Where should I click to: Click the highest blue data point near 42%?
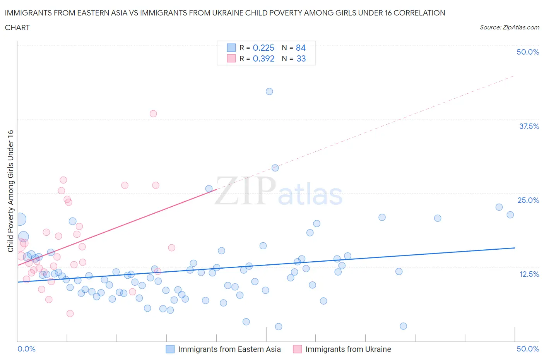[x=269, y=91]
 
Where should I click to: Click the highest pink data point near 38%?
[x=153, y=113]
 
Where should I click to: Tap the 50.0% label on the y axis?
[x=528, y=52]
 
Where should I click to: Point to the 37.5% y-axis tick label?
[x=529, y=126]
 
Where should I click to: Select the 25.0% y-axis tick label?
[x=528, y=200]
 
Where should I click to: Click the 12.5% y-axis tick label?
[x=529, y=274]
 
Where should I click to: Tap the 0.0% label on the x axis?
[x=27, y=349]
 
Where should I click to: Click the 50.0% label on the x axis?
[x=528, y=349]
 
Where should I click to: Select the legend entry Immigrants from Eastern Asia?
[x=229, y=349]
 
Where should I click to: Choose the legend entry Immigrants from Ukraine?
[x=348, y=349]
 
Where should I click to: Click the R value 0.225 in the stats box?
[x=263, y=48]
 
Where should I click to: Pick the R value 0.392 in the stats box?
[x=263, y=58]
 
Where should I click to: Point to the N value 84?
[x=301, y=48]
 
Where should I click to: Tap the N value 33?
[x=301, y=58]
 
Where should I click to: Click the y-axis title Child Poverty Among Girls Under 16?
[x=11, y=191]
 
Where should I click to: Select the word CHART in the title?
[x=17, y=27]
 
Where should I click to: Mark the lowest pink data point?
[x=70, y=314]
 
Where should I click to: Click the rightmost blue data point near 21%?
[x=510, y=215]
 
